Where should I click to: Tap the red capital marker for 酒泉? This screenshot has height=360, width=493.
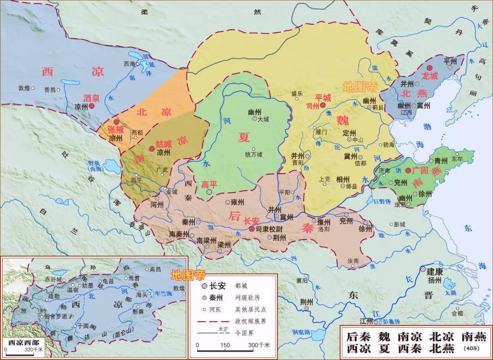[92, 105]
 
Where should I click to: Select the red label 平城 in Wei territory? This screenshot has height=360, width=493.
[323, 97]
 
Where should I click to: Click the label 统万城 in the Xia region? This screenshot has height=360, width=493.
[253, 154]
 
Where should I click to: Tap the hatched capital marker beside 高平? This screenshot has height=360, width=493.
[209, 193]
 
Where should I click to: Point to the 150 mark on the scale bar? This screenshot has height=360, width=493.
[225, 345]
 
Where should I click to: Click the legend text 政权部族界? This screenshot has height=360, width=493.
[251, 321]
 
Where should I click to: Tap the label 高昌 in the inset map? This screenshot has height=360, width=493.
[155, 269]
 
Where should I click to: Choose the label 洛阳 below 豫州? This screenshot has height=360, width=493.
[324, 230]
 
